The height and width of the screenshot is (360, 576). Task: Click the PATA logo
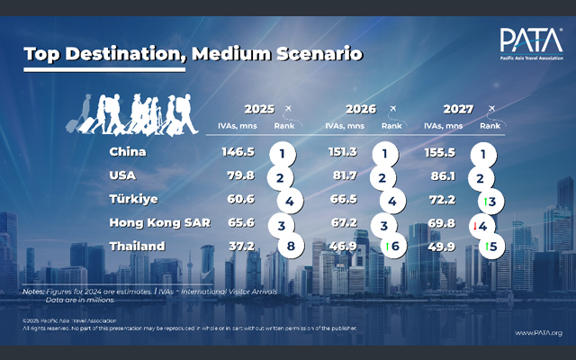pyautogui.click(x=530, y=42)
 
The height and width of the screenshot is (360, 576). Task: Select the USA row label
pyautogui.click(x=122, y=175)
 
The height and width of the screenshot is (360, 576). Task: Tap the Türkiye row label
pyautogui.click(x=132, y=199)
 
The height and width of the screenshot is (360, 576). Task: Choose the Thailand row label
pyautogui.click(x=138, y=246)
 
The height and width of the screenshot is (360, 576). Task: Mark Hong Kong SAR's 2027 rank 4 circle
pyautogui.click(x=487, y=224)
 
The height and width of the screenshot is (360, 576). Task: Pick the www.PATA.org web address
pyautogui.click(x=538, y=333)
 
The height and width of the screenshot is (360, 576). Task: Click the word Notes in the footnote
pyautogui.click(x=33, y=291)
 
